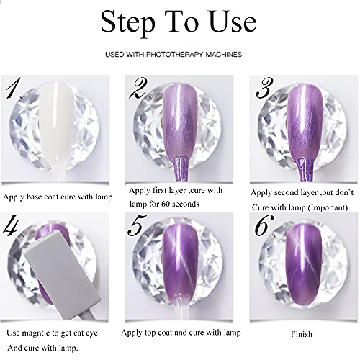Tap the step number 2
(138, 90)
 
